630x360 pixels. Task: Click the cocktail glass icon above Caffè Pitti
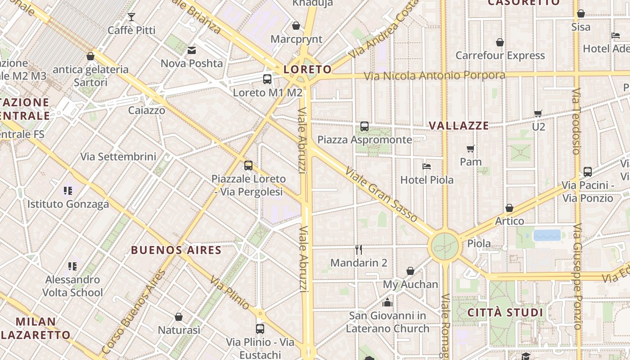pyautogui.click(x=131, y=18)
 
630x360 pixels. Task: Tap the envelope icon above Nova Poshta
pyautogui.click(x=192, y=50)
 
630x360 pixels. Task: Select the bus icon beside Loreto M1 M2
pyautogui.click(x=267, y=79)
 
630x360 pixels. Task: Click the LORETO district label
pyautogui.click(x=308, y=69)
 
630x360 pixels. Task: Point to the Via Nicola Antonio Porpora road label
pyautogui.click(x=434, y=75)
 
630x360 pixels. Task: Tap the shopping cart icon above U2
pyautogui.click(x=538, y=113)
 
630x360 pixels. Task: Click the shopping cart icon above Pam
pyautogui.click(x=471, y=148)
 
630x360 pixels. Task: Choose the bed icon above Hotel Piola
pyautogui.click(x=427, y=166)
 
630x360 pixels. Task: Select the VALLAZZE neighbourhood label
pyautogui.click(x=459, y=126)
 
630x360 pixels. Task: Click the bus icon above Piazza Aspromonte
pyautogui.click(x=364, y=126)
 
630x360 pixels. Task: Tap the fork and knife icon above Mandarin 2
pyautogui.click(x=359, y=249)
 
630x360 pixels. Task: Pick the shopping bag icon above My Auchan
pyautogui.click(x=410, y=271)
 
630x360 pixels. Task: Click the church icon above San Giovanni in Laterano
pyautogui.click(x=387, y=302)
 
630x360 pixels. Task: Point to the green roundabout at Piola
pyautogui.click(x=445, y=247)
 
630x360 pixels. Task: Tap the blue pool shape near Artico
pyautogui.click(x=547, y=235)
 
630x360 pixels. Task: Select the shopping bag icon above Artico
pyautogui.click(x=509, y=208)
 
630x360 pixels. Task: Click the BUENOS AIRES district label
pyautogui.click(x=176, y=250)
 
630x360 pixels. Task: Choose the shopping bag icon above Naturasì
pyautogui.click(x=179, y=317)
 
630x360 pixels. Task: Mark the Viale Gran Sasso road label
pyautogui.click(x=382, y=194)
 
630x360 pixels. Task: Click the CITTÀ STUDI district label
pyautogui.click(x=505, y=312)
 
